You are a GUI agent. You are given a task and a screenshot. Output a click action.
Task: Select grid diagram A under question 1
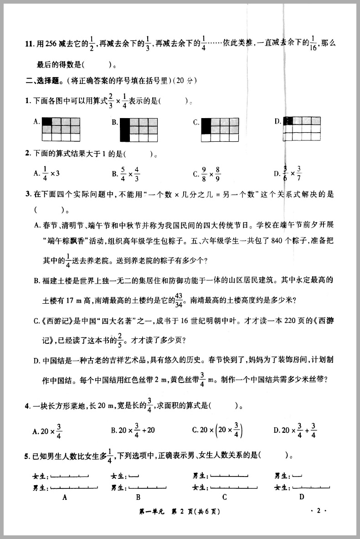pyautogui.click(x=61, y=129)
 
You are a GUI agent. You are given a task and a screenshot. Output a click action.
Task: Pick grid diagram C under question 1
pyautogui.click(x=220, y=129)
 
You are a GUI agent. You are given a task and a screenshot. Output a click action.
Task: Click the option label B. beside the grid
pyautogui.click(x=115, y=122)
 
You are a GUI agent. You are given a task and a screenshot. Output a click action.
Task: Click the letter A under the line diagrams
pyautogui.click(x=65, y=498)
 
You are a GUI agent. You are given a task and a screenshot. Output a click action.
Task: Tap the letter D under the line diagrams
pyautogui.click(x=302, y=497)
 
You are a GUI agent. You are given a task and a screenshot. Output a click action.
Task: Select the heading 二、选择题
pyautogui.click(x=43, y=81)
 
